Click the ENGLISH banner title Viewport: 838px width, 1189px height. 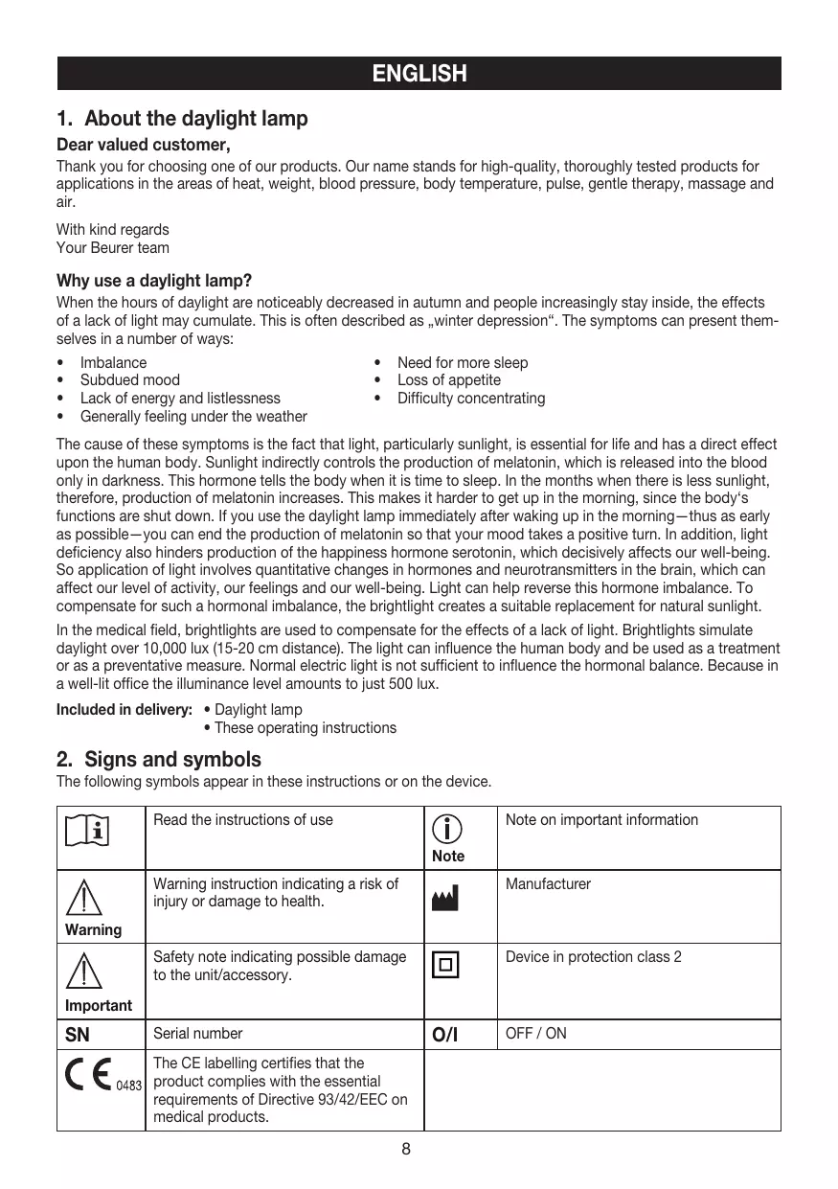click(419, 74)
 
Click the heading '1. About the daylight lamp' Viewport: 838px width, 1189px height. click(182, 119)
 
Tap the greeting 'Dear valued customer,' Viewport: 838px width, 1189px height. click(144, 146)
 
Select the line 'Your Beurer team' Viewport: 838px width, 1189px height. click(112, 248)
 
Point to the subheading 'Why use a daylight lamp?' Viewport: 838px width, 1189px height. click(154, 281)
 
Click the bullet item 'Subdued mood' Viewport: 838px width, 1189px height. click(129, 380)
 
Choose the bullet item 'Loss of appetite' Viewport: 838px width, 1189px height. click(448, 380)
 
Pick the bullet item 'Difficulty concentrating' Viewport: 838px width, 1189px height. click(471, 399)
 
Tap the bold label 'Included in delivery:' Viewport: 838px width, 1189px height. click(125, 710)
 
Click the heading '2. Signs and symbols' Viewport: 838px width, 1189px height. click(158, 760)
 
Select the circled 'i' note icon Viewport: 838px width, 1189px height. click(446, 830)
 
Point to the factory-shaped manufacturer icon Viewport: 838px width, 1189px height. click(445, 899)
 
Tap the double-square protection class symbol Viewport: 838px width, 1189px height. click(445, 965)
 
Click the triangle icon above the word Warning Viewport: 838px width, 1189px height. click(86, 900)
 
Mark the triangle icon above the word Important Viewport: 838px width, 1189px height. click(86, 972)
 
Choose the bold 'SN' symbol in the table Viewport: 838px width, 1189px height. click(78, 1035)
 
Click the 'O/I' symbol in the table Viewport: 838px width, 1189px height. click(445, 1035)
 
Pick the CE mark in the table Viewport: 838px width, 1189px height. click(88, 1078)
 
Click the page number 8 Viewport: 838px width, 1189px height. click(406, 1149)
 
